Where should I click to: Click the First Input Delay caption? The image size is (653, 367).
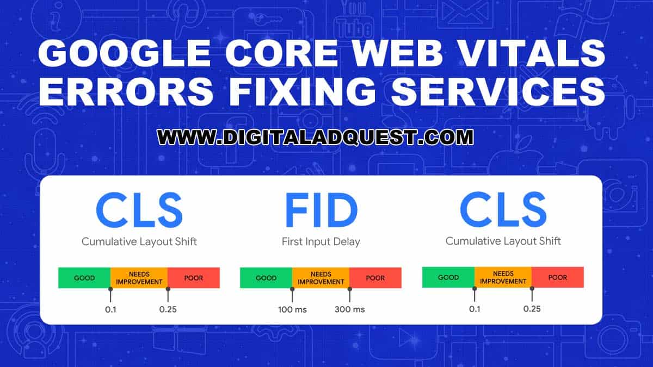coord(321,241)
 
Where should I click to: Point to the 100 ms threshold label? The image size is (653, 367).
coord(292,309)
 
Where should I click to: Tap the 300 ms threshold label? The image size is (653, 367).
coord(350,309)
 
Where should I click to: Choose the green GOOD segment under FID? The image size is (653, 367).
coord(266,278)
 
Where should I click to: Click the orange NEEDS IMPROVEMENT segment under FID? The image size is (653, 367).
coord(321,278)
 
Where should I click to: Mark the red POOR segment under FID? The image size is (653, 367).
coord(375,278)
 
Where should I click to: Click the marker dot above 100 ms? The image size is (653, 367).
coord(292,288)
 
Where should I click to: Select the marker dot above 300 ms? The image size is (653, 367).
coord(349,288)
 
